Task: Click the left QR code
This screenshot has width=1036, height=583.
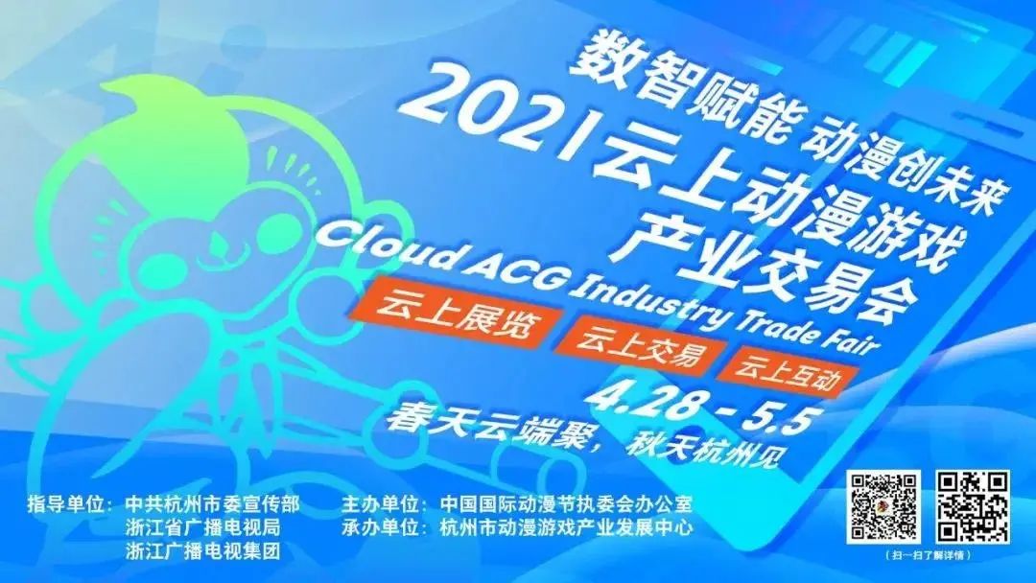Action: [884, 507]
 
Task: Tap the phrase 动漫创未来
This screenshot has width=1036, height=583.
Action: [899, 165]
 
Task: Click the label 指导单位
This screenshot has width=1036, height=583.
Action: [67, 504]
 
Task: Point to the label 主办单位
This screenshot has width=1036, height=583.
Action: [383, 504]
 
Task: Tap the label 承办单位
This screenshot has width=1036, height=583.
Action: [383, 526]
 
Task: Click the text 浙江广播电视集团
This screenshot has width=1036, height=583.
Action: [203, 550]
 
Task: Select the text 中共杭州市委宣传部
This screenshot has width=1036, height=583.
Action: [213, 504]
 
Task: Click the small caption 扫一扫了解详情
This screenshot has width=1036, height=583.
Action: [929, 555]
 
